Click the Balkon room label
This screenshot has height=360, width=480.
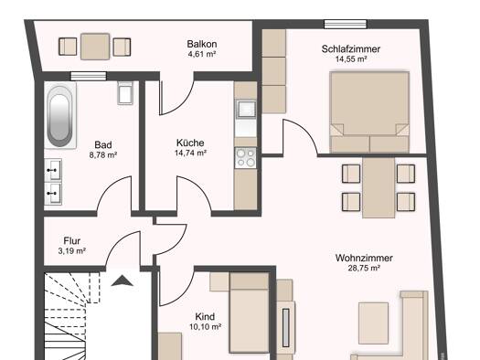[x=202, y=44]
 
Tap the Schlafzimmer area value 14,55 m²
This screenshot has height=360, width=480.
[x=351, y=59]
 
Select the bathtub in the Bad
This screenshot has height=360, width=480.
[x=60, y=116]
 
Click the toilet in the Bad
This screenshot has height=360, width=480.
[x=125, y=92]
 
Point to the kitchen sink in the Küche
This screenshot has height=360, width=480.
[x=246, y=109]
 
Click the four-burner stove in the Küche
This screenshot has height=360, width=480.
[x=246, y=158]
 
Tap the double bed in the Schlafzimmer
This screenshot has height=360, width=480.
[x=369, y=112]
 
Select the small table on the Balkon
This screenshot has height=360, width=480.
[x=95, y=47]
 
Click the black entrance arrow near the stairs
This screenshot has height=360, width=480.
[x=123, y=281]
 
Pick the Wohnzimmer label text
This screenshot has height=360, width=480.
[x=364, y=258]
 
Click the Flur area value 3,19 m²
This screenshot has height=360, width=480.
[x=71, y=251]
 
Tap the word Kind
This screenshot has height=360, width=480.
[x=205, y=316]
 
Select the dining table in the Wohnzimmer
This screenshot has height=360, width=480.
[x=379, y=187]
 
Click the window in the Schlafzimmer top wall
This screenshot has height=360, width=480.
[x=346, y=24]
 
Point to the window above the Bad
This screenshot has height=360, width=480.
[x=89, y=76]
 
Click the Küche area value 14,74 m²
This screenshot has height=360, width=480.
[x=190, y=153]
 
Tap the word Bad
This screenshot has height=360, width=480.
[x=103, y=144]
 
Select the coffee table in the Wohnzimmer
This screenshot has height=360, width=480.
[x=373, y=323]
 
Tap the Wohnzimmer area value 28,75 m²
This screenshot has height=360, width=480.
[x=364, y=269]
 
